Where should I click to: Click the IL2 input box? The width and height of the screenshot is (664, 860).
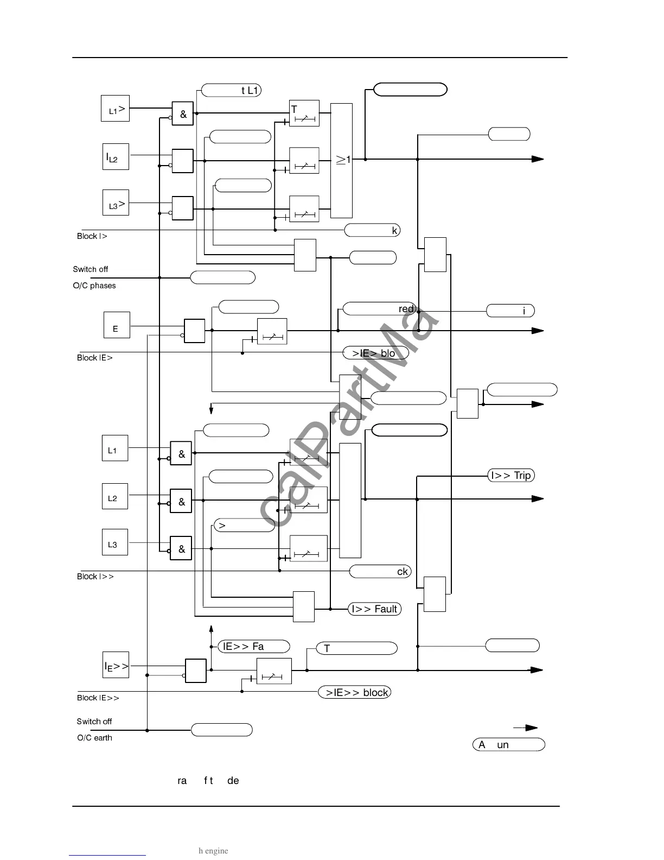(x=116, y=157)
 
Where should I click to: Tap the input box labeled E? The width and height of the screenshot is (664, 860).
(x=117, y=325)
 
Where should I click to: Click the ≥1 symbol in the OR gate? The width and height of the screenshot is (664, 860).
(x=342, y=160)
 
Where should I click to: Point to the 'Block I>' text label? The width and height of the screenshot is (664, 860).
(x=92, y=236)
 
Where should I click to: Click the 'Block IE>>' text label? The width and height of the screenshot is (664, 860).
(x=98, y=698)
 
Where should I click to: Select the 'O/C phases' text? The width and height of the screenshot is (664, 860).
(x=94, y=286)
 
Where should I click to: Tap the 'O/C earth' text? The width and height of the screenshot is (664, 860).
(x=94, y=738)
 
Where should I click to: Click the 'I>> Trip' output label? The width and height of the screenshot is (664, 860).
(x=511, y=476)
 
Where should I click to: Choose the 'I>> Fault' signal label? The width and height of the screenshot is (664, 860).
(x=374, y=609)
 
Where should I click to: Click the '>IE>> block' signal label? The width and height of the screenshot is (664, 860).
(x=355, y=692)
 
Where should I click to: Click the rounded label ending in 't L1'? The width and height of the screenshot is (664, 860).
(x=232, y=90)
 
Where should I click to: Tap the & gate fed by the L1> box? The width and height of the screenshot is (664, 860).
(x=183, y=114)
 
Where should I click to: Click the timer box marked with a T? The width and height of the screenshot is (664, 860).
(x=304, y=113)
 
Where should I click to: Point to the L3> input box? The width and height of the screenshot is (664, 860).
(x=116, y=203)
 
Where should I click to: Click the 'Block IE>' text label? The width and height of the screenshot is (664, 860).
(x=95, y=358)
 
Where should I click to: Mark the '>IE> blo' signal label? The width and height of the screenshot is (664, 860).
(x=375, y=353)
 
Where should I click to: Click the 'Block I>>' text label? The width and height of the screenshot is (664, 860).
(x=95, y=577)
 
